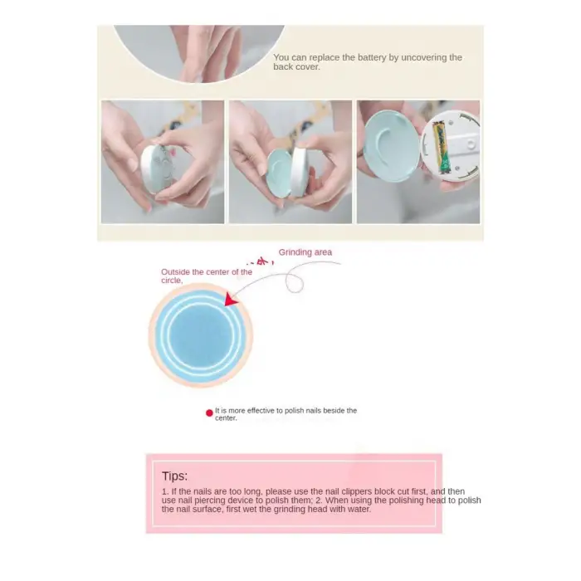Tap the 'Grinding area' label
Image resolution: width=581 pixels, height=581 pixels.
tap(305, 252)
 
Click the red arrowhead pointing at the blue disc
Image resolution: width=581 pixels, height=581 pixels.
tap(232, 300)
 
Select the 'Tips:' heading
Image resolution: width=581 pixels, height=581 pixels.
tap(174, 476)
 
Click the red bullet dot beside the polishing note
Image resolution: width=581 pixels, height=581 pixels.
tap(209, 413)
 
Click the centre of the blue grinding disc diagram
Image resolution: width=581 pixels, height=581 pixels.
tap(201, 335)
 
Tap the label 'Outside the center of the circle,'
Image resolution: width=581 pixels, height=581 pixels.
tap(207, 276)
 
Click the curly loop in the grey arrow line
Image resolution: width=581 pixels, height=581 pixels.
tap(294, 282)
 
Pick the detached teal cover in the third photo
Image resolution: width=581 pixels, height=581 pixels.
tap(391, 145)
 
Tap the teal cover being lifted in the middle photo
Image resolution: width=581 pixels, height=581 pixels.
tap(279, 173)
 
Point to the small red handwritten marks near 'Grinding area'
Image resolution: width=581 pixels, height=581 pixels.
tap(261, 262)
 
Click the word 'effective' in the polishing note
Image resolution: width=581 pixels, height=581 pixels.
tap(261, 411)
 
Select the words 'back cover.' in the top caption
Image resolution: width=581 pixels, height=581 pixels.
tap(296, 67)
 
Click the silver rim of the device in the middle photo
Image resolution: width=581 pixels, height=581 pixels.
tap(300, 173)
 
